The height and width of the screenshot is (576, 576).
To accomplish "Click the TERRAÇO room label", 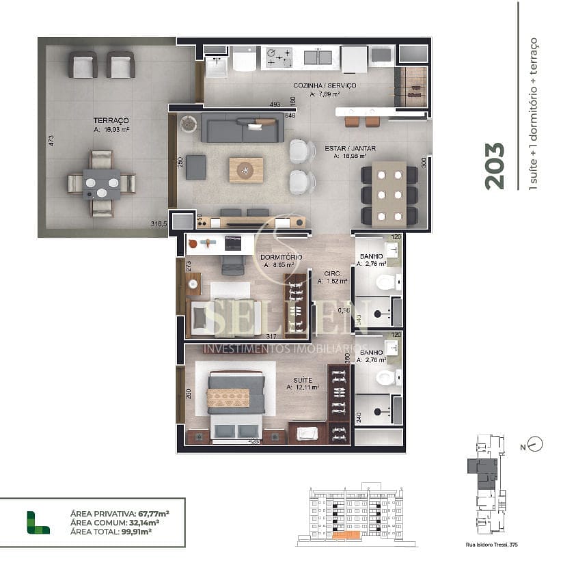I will [111, 120].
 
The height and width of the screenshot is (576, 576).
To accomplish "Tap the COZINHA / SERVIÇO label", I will [324, 85].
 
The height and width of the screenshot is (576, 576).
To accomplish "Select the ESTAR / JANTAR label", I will [350, 147].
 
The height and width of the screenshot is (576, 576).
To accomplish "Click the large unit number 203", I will [494, 165].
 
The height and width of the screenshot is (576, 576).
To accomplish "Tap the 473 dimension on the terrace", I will [51, 141].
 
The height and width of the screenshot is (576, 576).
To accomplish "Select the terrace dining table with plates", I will [101, 184].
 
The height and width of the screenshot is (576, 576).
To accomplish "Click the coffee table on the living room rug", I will [245, 169].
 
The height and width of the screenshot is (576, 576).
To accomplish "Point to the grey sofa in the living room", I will [242, 129].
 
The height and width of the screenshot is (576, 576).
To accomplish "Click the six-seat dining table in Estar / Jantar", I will [389, 195].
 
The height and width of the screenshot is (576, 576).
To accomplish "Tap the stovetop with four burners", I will [279, 57].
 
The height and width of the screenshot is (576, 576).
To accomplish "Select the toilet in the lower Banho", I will [386, 377].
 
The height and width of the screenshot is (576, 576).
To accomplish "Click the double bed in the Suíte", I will [236, 403].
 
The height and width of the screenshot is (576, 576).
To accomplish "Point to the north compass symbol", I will [535, 444].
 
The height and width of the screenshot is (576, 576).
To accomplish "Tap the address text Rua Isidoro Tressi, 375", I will [490, 545].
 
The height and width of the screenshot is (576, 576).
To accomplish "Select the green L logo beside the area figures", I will [38, 521].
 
